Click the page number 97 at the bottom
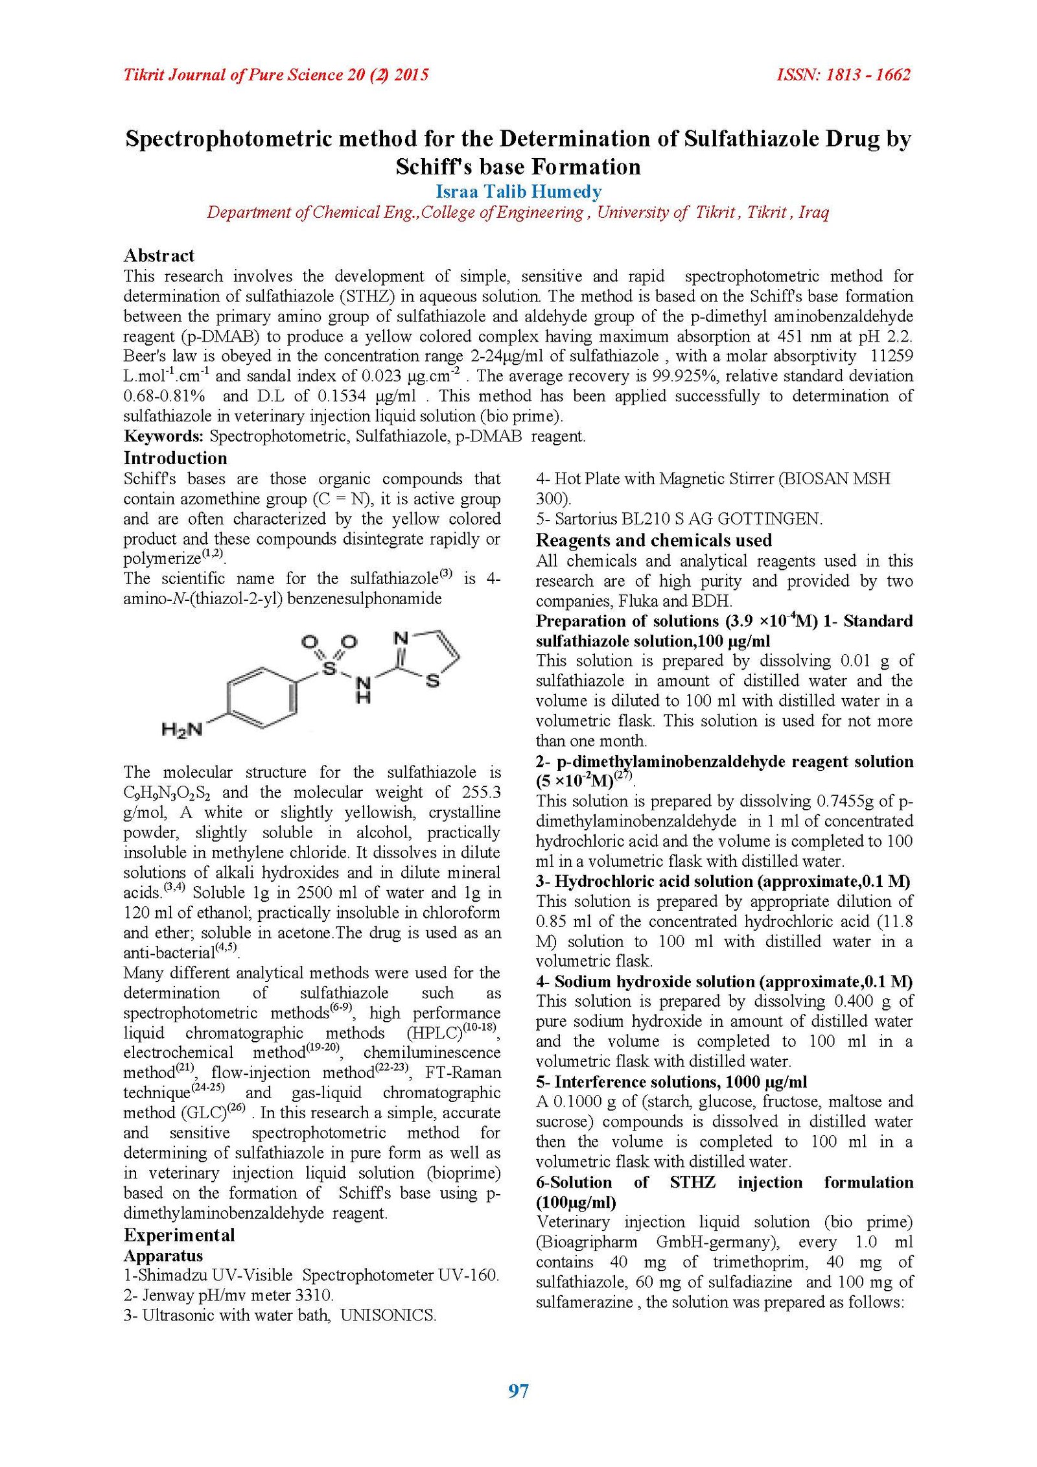pyautogui.click(x=518, y=1391)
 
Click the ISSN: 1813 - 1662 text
pyautogui.click(x=843, y=75)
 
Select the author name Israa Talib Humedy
pyautogui.click(x=518, y=192)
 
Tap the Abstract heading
pyautogui.click(x=159, y=255)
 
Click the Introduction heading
pyautogui.click(x=175, y=458)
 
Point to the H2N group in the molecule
pyautogui.click(x=181, y=730)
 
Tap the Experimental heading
pyautogui.click(x=179, y=1235)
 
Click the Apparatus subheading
pyautogui.click(x=163, y=1256)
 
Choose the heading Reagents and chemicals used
pyautogui.click(x=653, y=541)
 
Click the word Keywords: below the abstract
pyautogui.click(x=163, y=436)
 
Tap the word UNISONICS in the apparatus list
pyautogui.click(x=388, y=1315)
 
